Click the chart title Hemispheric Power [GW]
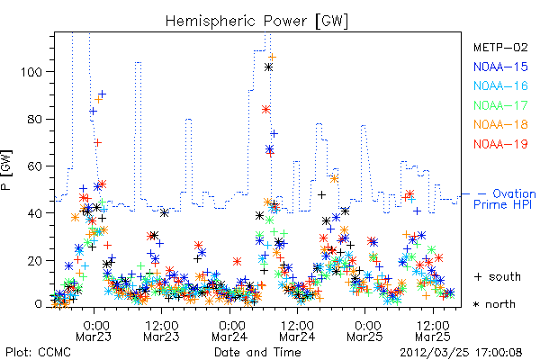click(256, 22)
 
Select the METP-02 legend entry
click(500, 47)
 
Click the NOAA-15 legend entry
click(500, 67)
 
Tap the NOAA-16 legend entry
click(500, 85)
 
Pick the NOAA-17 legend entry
click(500, 105)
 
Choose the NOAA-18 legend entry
click(500, 124)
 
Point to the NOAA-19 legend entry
click(500, 144)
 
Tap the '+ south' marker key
click(498, 276)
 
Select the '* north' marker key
click(494, 304)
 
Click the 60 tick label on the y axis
click(35, 166)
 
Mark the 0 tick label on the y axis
click(39, 304)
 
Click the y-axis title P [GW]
click(6, 170)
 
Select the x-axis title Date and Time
click(257, 353)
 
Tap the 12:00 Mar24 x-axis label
click(297, 331)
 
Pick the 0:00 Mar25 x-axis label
click(364, 331)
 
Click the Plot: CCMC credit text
click(38, 353)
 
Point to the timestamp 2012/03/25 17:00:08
click(461, 353)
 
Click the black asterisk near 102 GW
click(268, 67)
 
